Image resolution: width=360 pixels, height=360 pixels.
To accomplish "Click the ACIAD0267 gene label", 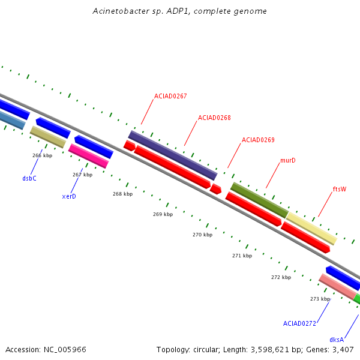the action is point(170,96).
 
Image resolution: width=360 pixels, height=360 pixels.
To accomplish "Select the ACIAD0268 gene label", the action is point(214,118).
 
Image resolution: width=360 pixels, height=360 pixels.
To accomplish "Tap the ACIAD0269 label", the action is point(258,140).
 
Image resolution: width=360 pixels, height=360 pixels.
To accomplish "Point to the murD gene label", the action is point(288,160).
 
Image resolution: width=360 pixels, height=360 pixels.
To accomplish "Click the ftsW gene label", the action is point(340,189).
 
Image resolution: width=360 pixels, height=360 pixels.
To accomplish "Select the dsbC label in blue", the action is point(29,178).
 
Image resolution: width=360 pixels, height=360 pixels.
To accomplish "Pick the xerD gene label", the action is point(69,196).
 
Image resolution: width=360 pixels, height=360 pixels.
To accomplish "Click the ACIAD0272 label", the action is point(299,323).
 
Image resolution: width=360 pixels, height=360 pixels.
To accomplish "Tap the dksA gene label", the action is point(337,340).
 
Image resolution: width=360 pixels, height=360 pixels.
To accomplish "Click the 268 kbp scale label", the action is point(122,194).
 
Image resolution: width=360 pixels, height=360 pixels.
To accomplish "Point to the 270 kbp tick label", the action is point(203,235).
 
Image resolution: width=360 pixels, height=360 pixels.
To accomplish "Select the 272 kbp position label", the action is point(281,277).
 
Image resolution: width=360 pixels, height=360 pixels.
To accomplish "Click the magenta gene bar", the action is point(88,156).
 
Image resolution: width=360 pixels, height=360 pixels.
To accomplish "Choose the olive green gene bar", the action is point(259,200).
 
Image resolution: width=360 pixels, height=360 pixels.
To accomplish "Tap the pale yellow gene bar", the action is point(311,228).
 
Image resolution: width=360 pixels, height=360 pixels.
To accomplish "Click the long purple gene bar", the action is point(173,155).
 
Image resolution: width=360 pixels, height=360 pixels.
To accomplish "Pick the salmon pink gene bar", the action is point(338,286).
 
